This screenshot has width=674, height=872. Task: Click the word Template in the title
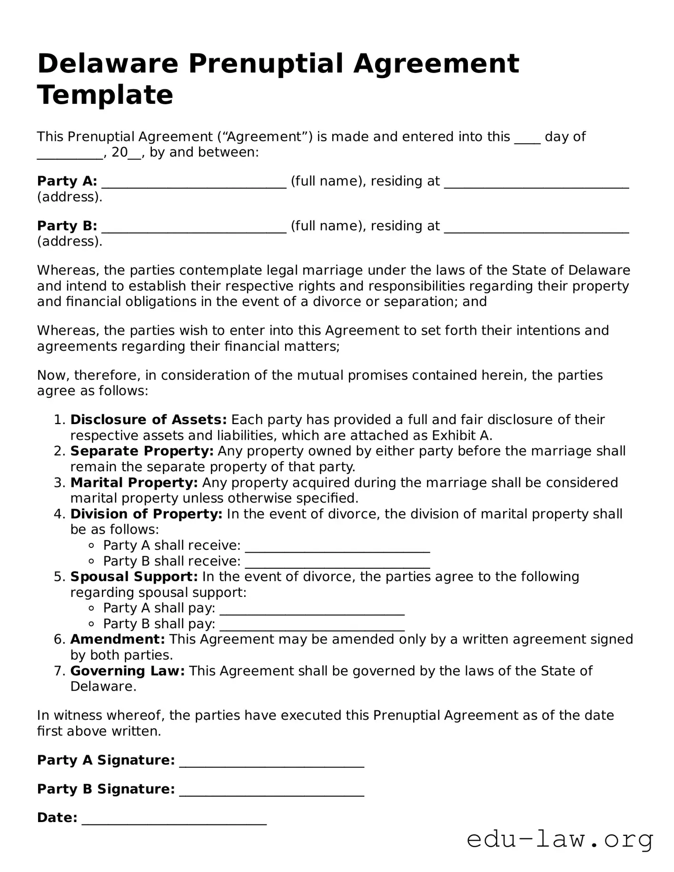click(105, 95)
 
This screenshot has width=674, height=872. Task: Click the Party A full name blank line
click(194, 182)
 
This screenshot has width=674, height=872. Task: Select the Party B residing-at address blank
click(536, 227)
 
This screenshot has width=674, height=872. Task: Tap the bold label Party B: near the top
click(67, 226)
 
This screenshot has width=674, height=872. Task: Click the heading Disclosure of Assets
click(149, 420)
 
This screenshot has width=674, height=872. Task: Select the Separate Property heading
click(142, 451)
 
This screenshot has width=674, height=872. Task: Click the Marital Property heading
click(134, 483)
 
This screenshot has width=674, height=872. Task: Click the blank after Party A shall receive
click(337, 546)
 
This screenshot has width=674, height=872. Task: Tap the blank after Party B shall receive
click(337, 562)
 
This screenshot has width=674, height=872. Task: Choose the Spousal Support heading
click(134, 577)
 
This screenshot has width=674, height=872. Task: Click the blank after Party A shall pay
click(312, 609)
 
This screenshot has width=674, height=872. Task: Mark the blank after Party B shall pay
click(312, 625)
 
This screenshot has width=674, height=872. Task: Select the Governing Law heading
click(128, 671)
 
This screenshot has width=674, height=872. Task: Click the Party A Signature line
click(271, 761)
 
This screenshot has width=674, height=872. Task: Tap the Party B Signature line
click(271, 790)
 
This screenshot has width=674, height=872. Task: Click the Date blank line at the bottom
click(174, 819)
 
